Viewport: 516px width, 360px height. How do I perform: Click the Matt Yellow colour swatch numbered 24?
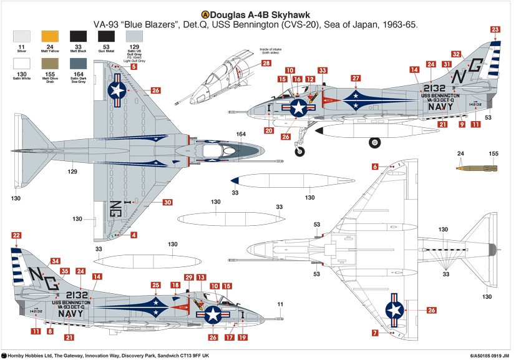[49, 37]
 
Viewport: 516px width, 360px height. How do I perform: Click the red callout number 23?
[495, 29]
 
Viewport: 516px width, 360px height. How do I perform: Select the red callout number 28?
[266, 64]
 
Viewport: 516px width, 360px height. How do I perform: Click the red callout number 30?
[167, 202]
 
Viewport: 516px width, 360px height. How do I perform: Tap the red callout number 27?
[355, 79]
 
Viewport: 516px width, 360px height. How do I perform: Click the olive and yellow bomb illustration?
[477, 167]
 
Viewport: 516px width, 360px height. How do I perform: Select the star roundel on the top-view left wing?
[117, 90]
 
